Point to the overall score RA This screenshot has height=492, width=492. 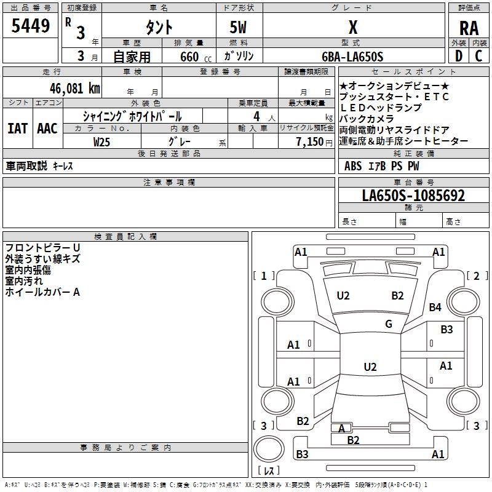click(x=469, y=28)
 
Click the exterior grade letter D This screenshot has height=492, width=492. click(x=458, y=56)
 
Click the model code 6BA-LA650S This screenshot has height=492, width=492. click(x=352, y=57)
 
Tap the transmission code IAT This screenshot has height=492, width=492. click(x=17, y=129)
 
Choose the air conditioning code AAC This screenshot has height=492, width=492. click(x=47, y=129)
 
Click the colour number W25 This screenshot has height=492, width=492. click(x=101, y=141)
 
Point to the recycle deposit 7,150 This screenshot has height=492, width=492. click(x=314, y=141)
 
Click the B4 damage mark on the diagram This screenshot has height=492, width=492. click(x=435, y=307)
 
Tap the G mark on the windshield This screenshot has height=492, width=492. click(x=389, y=324)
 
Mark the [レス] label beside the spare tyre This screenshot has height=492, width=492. click(x=269, y=471)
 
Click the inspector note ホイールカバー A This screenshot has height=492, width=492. click(x=42, y=292)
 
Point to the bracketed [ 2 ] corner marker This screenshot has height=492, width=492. click(x=474, y=276)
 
